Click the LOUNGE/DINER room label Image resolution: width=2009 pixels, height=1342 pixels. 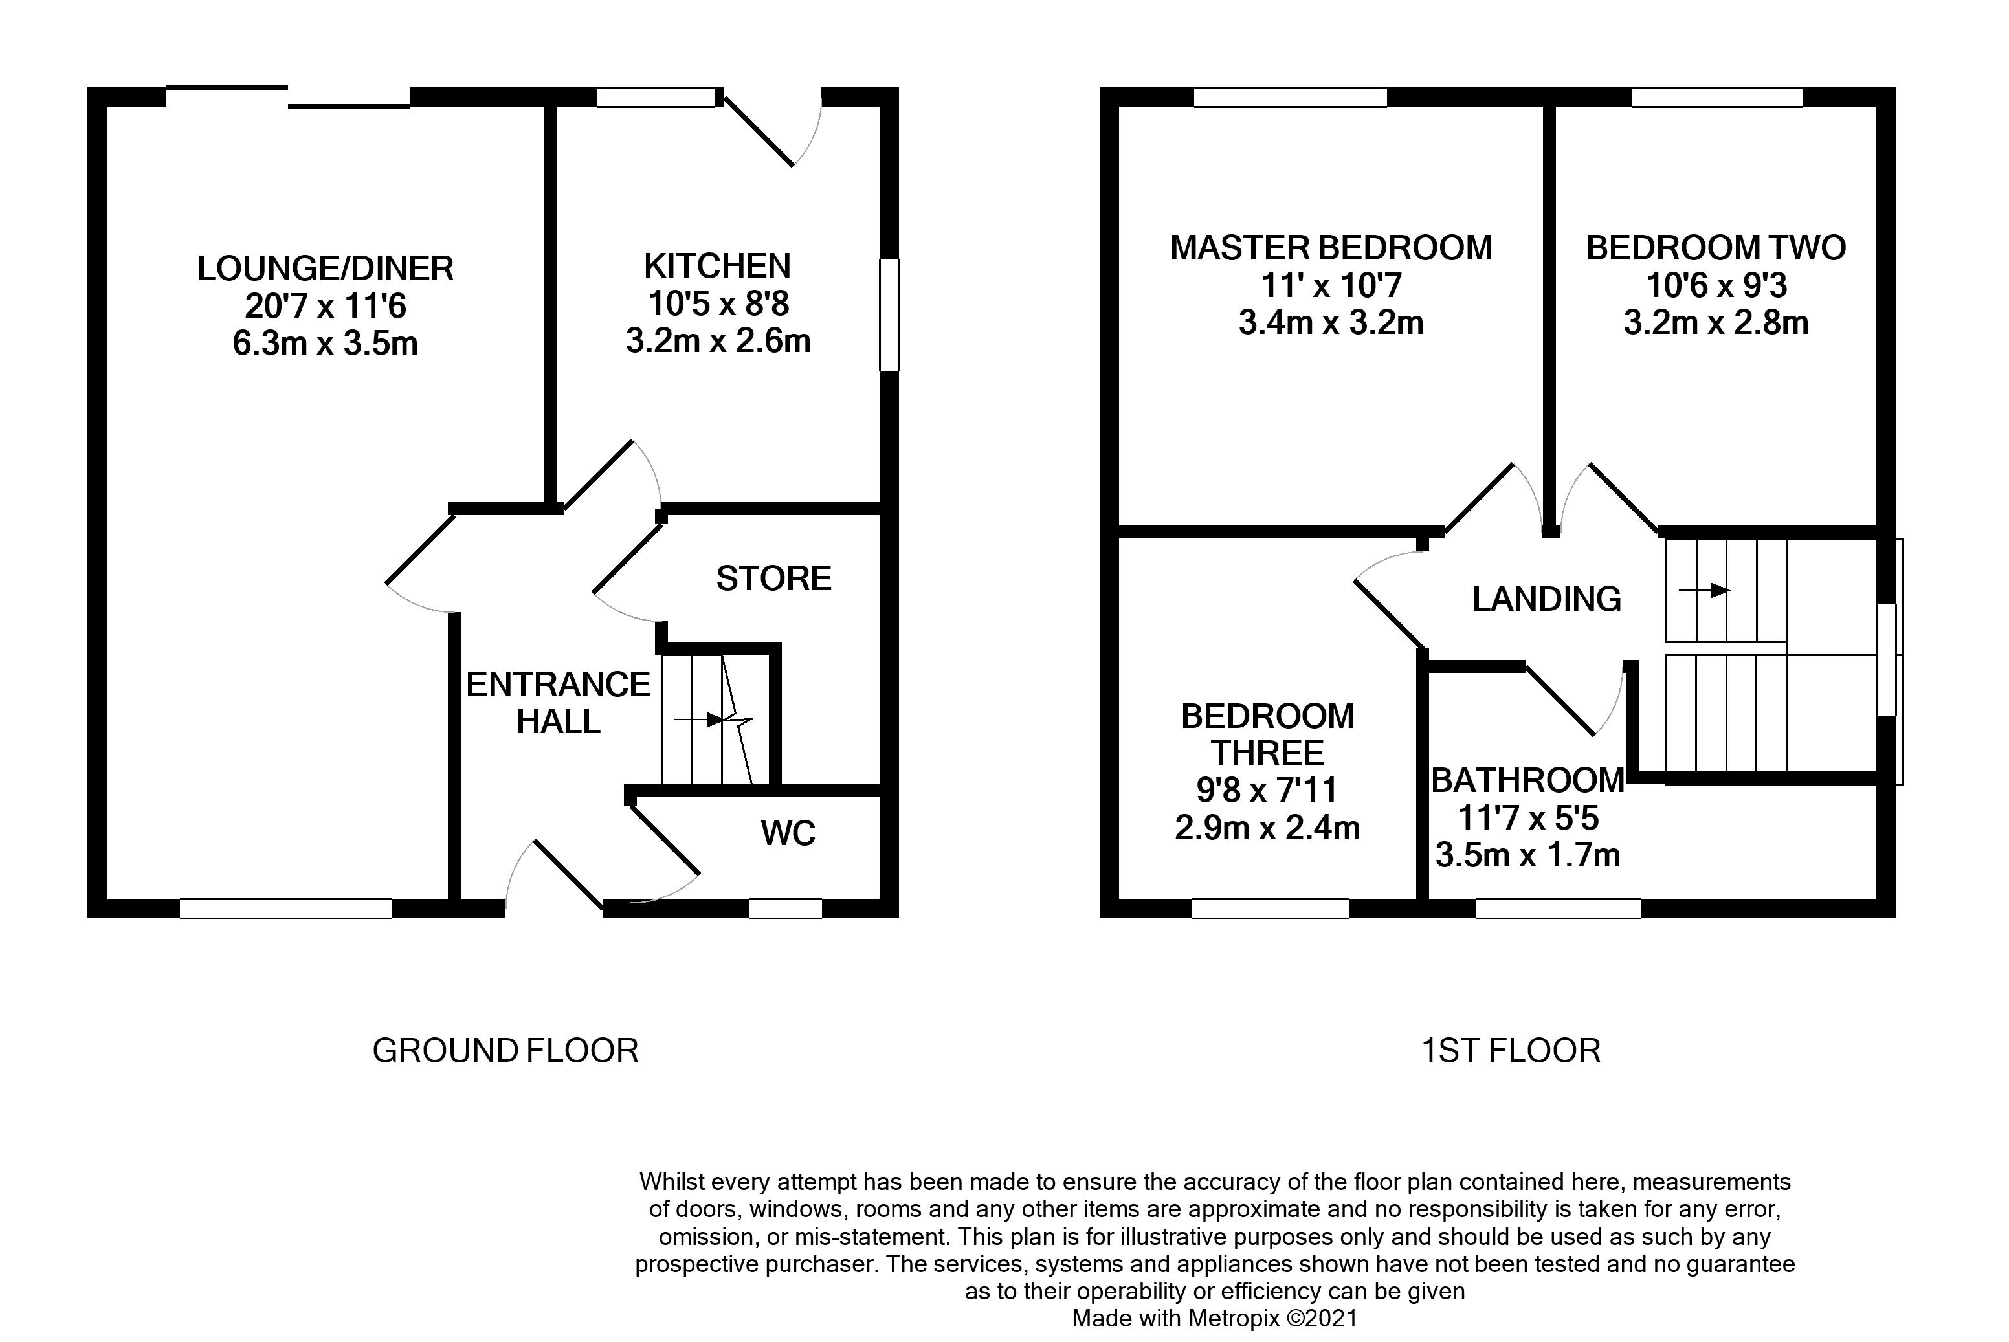[326, 269]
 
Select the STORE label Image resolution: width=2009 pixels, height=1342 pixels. [773, 579]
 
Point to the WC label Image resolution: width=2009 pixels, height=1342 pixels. [788, 833]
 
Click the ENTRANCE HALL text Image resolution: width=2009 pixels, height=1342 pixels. [558, 703]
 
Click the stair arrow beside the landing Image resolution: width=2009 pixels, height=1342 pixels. [1704, 591]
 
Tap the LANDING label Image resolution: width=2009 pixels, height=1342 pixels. [1546, 599]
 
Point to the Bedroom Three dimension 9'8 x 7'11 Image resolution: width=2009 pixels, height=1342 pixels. [1267, 790]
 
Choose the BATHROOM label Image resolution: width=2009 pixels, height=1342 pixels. [1527, 780]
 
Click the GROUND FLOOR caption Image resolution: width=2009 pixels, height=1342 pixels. [505, 1051]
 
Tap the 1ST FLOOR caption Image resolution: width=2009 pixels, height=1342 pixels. [1510, 1051]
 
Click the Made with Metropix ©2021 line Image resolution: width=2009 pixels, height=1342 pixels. [1215, 1318]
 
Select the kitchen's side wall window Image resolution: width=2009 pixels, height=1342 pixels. [890, 315]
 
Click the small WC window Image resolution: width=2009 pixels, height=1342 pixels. [785, 909]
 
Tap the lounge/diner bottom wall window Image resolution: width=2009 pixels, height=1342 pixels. [286, 909]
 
